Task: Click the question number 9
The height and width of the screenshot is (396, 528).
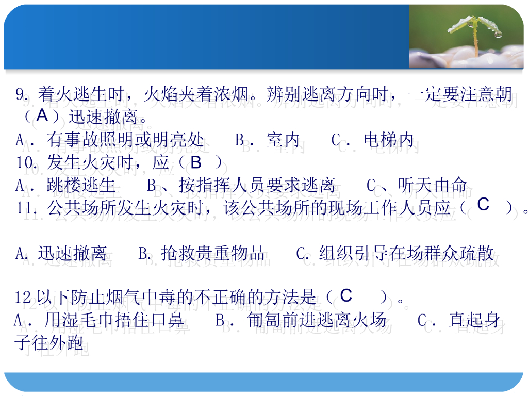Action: coord(21,95)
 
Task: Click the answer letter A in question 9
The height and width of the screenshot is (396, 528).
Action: coord(42,115)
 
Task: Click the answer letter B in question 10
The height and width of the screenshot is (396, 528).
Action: coord(196,163)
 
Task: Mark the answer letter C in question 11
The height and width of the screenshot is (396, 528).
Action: coord(483,205)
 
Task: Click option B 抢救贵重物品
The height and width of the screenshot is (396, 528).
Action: coord(202,253)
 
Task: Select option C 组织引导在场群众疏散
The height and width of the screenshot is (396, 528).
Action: coord(395,253)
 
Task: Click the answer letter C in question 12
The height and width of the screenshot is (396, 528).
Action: coord(346,295)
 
